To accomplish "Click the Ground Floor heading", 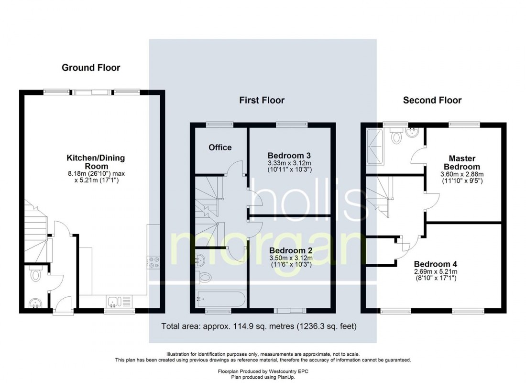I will (91, 68).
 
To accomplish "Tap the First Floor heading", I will (262, 100).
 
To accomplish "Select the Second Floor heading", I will (432, 100).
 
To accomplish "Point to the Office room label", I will (220, 147).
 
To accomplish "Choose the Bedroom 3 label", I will (289, 156).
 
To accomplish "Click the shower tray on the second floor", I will (375, 146).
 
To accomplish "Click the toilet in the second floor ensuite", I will (396, 137).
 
